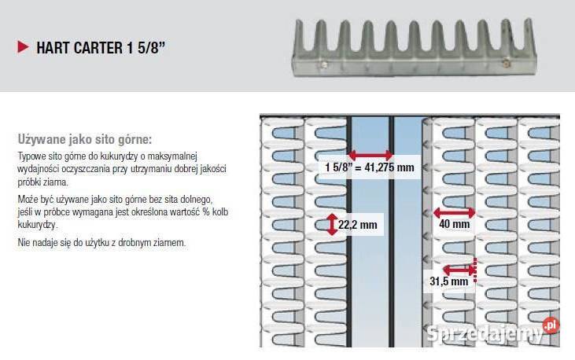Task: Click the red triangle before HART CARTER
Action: pyautogui.click(x=23, y=47)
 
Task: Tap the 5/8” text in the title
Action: pyautogui.click(x=152, y=48)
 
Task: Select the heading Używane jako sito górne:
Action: pyautogui.click(x=85, y=139)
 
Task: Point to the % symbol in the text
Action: pyautogui.click(x=206, y=212)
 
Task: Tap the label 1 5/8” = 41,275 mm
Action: pyautogui.click(x=370, y=167)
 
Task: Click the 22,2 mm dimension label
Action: pyautogui.click(x=358, y=225)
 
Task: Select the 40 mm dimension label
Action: pyautogui.click(x=455, y=224)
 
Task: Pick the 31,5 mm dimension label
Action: pyautogui.click(x=449, y=281)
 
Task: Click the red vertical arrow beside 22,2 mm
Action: pyautogui.click(x=332, y=224)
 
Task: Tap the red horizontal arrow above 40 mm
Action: pyautogui.click(x=454, y=212)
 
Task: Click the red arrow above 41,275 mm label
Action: pyautogui.click(x=370, y=155)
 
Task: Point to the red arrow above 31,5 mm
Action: pyautogui.click(x=459, y=270)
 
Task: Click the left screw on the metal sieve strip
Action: pyautogui.click(x=323, y=65)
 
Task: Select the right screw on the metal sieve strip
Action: pyautogui.click(x=506, y=63)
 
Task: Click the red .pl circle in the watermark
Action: pyautogui.click(x=551, y=325)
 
